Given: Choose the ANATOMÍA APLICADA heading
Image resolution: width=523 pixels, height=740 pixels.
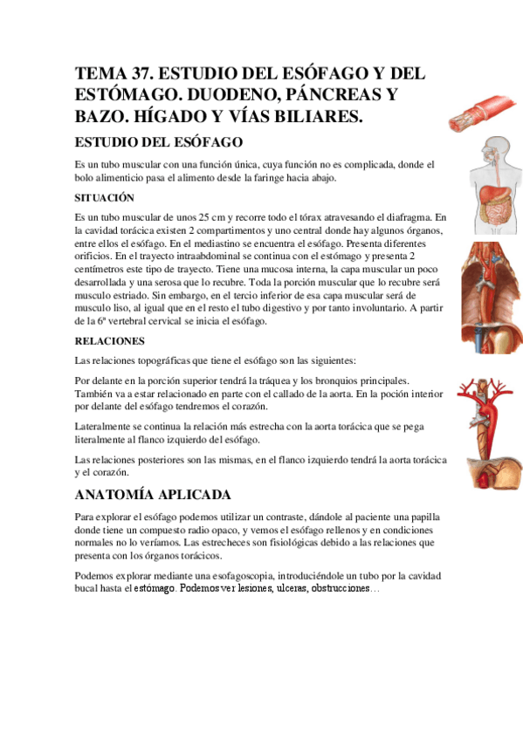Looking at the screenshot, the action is (153, 495).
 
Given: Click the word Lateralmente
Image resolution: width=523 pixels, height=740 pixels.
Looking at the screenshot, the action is (105, 427).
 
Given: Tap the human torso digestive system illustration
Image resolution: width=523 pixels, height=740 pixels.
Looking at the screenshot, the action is (479, 182).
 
